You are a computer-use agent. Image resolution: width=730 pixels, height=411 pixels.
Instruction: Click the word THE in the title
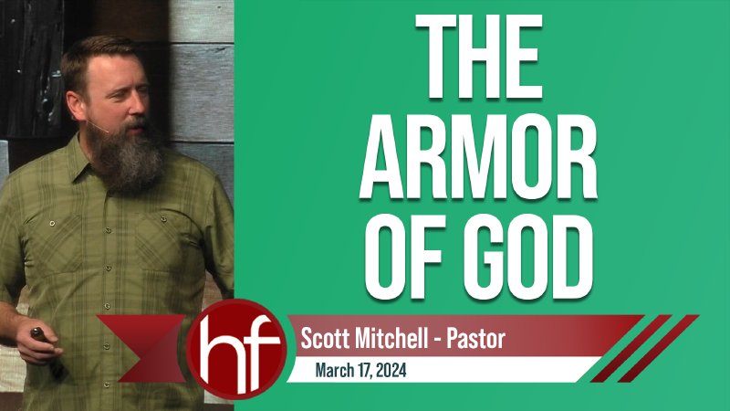pyautogui.click(x=482, y=56)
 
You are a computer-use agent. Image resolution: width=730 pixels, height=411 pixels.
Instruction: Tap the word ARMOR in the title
pyautogui.click(x=481, y=153)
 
